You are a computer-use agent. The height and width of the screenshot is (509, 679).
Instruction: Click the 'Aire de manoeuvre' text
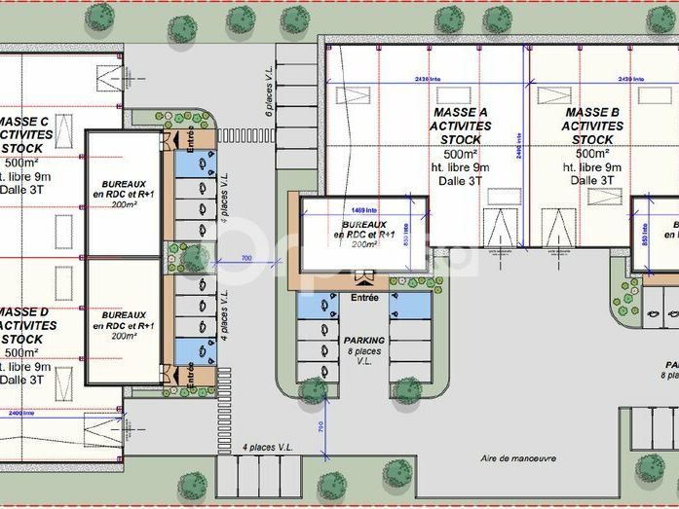pos(518,458)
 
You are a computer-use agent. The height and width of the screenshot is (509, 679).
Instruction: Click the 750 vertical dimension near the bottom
pos(321,425)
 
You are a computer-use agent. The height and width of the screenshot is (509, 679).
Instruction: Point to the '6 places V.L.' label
pos(269,92)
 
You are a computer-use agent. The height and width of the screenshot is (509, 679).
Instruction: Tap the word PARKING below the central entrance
pos(365,341)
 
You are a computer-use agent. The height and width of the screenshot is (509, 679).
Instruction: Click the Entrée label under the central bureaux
pos(364,297)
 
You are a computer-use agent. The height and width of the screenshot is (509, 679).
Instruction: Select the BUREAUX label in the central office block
pos(364,224)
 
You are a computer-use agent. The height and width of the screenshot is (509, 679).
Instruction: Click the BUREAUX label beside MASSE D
pos(124,315)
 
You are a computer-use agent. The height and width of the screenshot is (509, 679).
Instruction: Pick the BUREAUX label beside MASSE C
pos(124,183)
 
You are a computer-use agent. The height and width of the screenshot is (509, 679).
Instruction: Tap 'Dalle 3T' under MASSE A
pos(461,180)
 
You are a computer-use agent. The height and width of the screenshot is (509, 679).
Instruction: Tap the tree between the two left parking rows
pos(194,257)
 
